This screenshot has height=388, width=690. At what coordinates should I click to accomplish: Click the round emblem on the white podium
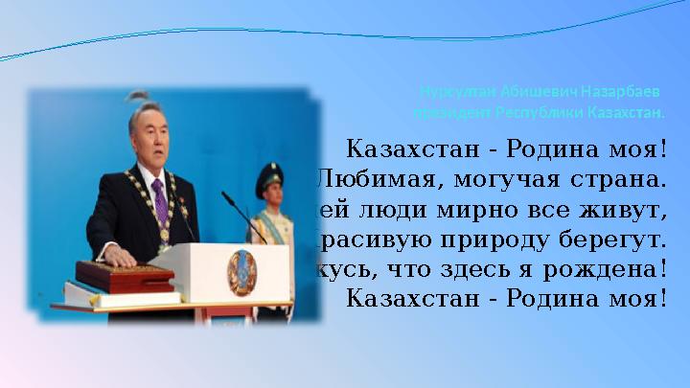pos(241,271)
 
